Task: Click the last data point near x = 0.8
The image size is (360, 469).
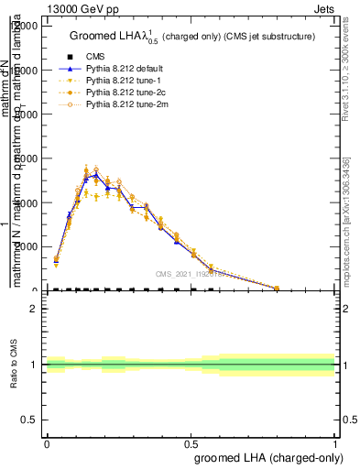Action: (277, 288)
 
